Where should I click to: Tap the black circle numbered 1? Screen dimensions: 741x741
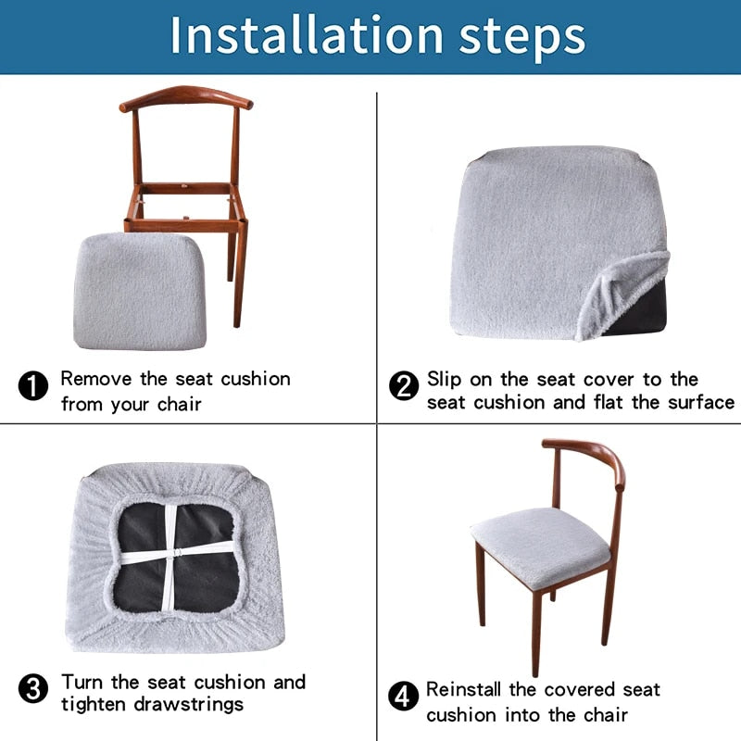pos(33,385)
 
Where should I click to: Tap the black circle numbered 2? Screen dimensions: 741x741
pos(404,385)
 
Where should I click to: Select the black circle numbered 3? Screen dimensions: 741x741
pos(33,689)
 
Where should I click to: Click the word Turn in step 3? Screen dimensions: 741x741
pos(83,683)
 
